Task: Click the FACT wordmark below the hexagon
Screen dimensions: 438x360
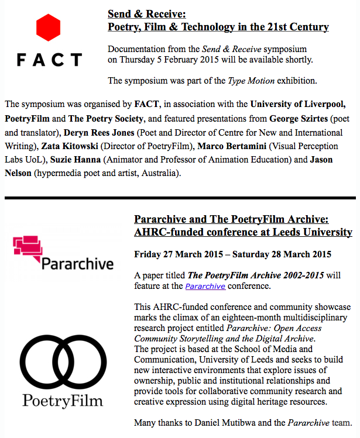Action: point(49,60)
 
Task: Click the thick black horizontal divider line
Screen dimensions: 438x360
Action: point(180,198)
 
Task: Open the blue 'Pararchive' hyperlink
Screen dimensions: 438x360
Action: point(205,286)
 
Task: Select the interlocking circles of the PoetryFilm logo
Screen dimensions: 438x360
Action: point(61,361)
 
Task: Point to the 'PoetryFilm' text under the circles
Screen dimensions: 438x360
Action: point(63,401)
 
